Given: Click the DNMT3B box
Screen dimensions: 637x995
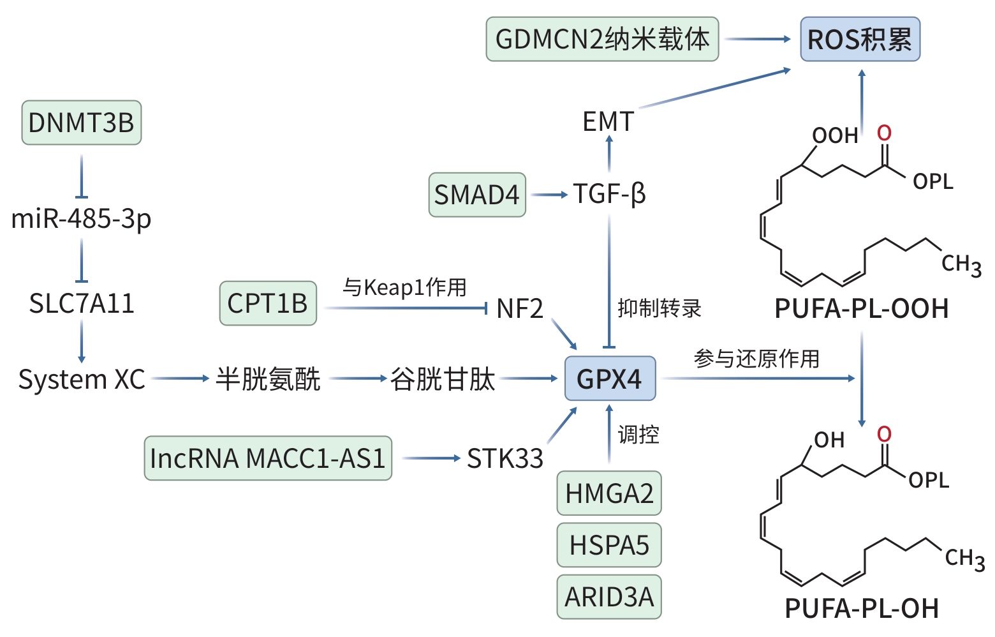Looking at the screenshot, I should click(82, 123).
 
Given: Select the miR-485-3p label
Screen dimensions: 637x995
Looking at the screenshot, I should click(82, 219).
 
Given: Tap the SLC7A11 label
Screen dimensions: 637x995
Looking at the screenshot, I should click(82, 303).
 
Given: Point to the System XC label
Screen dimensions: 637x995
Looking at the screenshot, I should click(82, 379).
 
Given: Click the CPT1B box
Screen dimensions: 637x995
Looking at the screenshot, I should click(268, 303).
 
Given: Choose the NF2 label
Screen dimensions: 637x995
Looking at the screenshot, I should click(520, 309).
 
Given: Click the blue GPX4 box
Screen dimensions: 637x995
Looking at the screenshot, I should click(610, 378).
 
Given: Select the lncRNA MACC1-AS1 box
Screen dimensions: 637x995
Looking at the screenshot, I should click(268, 458).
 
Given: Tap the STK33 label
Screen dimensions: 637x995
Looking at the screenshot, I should click(505, 458).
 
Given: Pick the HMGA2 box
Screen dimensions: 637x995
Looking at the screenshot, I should click(609, 493).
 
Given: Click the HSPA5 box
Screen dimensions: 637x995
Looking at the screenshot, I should click(609, 545).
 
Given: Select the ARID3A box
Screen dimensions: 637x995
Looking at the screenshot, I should click(609, 597).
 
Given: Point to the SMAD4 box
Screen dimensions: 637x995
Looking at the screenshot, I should click(477, 195).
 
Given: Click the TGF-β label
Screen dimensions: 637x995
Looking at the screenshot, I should click(610, 194).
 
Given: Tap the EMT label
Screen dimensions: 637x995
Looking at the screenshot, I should click(608, 121).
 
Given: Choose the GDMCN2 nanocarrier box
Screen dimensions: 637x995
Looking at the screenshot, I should click(602, 40).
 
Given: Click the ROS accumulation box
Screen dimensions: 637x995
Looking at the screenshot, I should click(860, 40).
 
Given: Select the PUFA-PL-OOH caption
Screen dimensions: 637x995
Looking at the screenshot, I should click(862, 309).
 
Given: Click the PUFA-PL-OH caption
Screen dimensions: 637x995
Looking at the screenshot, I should click(862, 608).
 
